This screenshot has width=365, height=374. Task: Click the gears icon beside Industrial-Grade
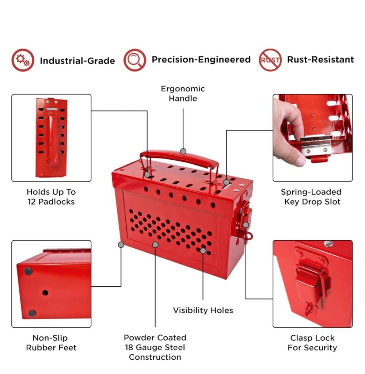[x=23, y=60]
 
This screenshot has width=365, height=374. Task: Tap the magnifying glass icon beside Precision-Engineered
[x=135, y=60]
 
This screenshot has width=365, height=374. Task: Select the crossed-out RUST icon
[x=270, y=60]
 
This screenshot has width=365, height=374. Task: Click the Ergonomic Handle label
[x=183, y=93]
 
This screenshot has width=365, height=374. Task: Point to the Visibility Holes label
[x=203, y=310]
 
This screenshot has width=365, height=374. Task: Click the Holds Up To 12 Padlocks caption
[x=51, y=197]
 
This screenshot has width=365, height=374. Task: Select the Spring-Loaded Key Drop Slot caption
[x=311, y=197]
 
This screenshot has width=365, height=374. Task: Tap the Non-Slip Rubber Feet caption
[x=51, y=343]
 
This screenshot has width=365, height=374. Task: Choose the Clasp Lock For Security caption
[x=312, y=343]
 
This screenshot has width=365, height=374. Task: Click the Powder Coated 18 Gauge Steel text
[x=155, y=343]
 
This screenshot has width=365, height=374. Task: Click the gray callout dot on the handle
[x=183, y=151]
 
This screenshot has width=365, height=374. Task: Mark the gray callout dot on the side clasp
[x=246, y=225]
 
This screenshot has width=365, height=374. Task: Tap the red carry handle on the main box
[x=179, y=156]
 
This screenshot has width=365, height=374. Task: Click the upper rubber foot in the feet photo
[x=28, y=271]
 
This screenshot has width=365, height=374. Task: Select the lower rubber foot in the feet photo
[x=32, y=313]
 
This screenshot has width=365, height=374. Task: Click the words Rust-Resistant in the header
[x=320, y=60]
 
